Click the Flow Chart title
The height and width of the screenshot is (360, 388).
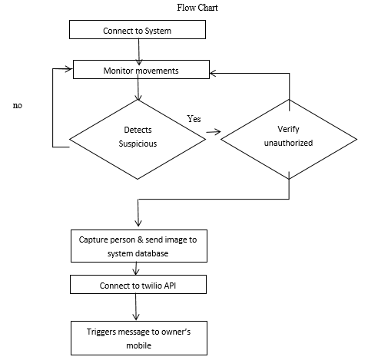click(197, 8)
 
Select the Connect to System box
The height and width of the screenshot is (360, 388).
click(138, 30)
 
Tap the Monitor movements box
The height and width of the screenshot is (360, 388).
click(141, 69)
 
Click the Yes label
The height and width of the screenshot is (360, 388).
click(194, 119)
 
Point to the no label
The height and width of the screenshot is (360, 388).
click(18, 105)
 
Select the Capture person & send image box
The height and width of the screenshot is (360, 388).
click(139, 246)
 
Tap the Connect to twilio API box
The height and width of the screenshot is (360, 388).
click(138, 284)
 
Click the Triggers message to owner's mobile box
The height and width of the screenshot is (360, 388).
click(139, 338)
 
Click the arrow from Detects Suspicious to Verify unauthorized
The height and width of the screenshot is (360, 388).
click(214, 132)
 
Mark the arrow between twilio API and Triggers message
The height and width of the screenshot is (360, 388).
click(136, 306)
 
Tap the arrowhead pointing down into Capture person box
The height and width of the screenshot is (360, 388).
click(138, 223)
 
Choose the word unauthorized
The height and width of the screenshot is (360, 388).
click(288, 143)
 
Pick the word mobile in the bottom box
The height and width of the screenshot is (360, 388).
click(139, 345)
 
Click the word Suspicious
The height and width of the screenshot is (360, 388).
click(138, 144)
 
